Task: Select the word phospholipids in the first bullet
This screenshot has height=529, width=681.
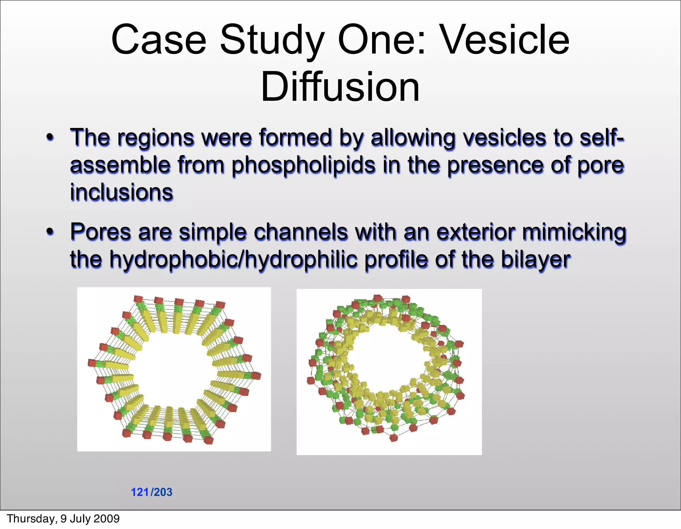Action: point(303,165)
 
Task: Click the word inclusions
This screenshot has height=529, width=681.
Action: point(121,193)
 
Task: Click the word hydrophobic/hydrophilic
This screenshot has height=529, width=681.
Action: point(233,260)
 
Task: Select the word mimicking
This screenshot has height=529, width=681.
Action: point(574,232)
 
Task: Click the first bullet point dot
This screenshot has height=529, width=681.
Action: point(50,137)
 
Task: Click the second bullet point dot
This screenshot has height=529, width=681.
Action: point(50,231)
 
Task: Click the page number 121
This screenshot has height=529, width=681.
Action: point(140,492)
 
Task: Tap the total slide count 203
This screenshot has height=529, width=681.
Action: point(163,492)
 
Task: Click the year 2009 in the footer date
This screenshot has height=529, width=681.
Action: point(107,519)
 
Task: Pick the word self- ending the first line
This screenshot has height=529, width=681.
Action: point(602,137)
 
